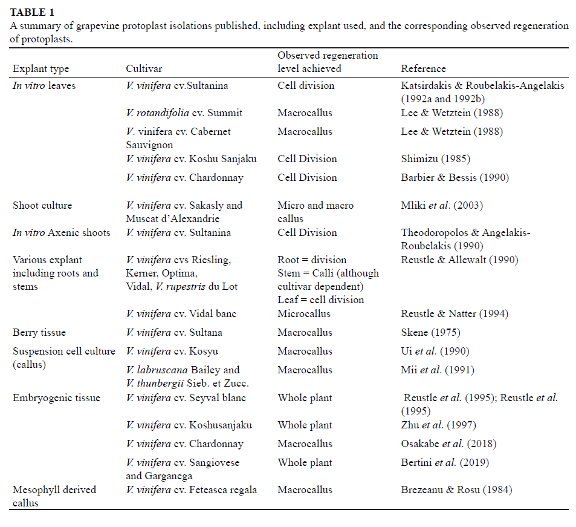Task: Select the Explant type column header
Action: point(41,69)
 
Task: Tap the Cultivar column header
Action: point(144,69)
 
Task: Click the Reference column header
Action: point(423,69)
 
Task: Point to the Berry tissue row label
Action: point(39,332)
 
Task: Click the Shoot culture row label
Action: point(42,205)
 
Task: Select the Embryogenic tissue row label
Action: point(56,398)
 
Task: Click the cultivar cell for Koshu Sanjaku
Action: point(191,159)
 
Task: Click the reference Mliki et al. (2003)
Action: point(442,205)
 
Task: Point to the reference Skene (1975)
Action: point(430,332)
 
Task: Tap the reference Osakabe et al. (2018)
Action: point(448,444)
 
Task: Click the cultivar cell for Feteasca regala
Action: point(191,489)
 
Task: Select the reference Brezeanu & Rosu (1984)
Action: point(456,489)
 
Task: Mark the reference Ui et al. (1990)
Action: point(435,351)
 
